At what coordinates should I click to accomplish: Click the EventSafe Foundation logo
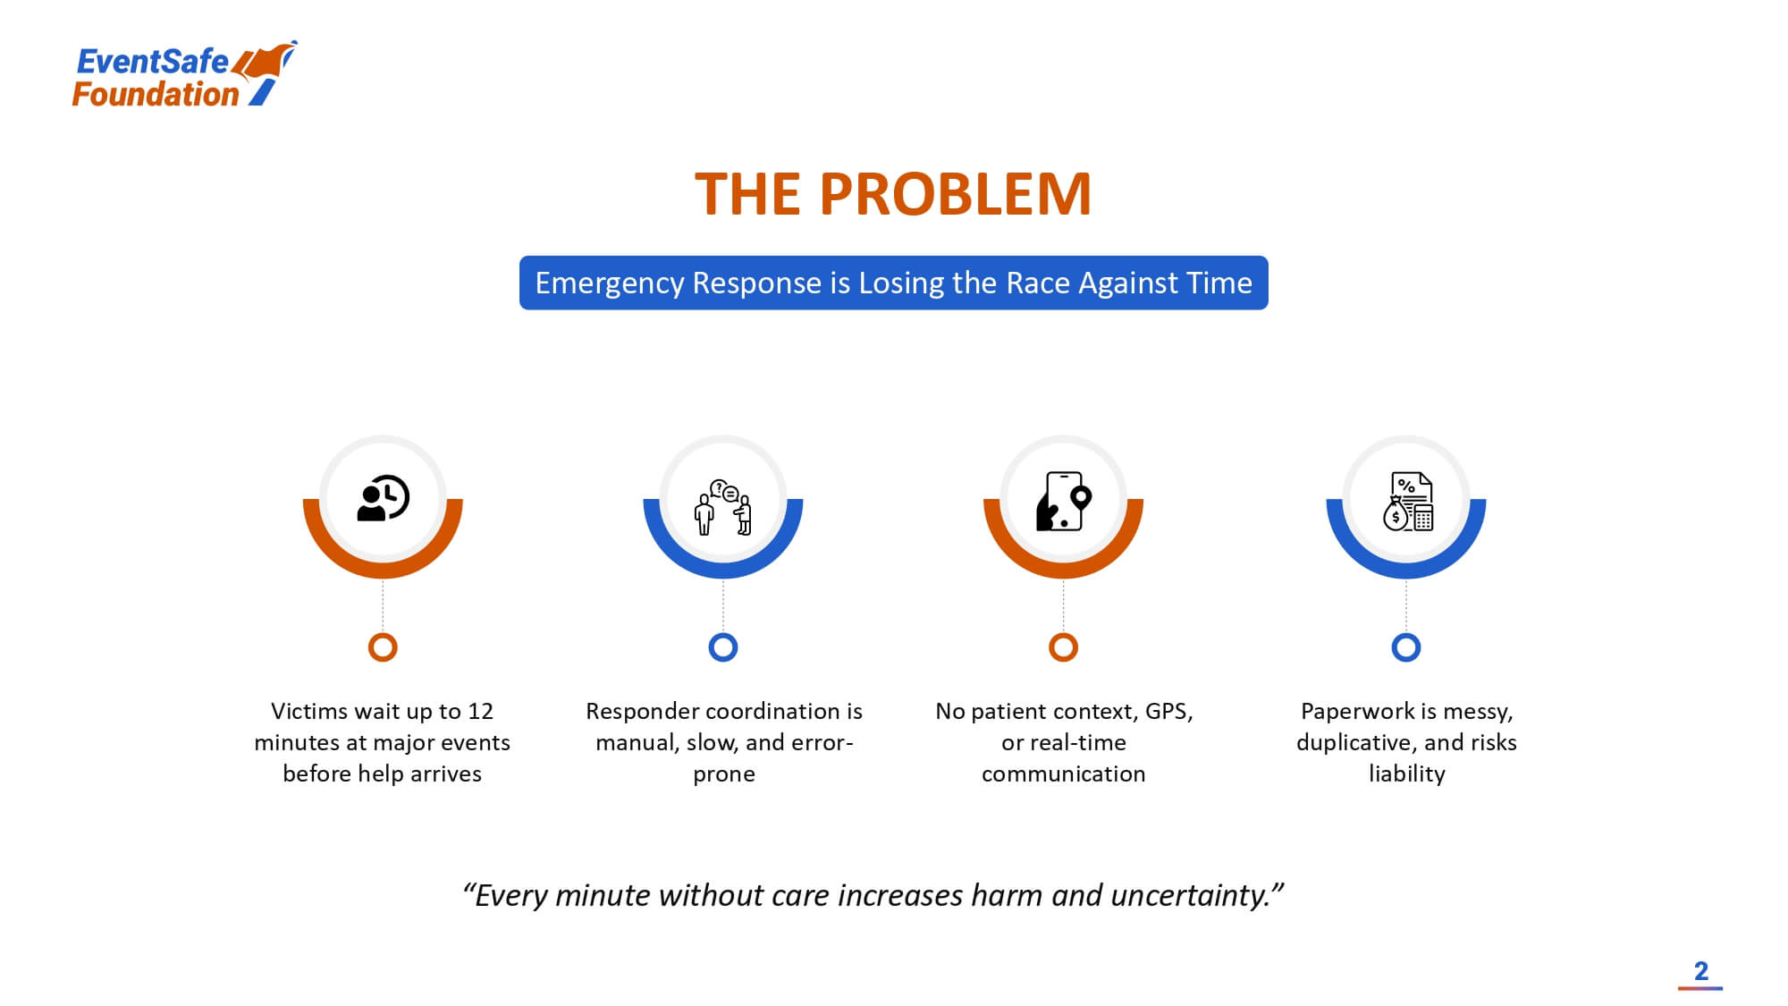[x=184, y=75]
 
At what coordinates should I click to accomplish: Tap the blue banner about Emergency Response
[x=893, y=283]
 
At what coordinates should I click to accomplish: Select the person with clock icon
[x=383, y=498]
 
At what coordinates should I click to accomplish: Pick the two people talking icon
[x=723, y=506]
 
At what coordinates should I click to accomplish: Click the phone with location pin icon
[x=1063, y=501]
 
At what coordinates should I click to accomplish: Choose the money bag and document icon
[x=1407, y=502]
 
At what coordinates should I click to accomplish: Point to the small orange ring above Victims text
[x=383, y=647]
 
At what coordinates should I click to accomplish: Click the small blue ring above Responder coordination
[x=723, y=647]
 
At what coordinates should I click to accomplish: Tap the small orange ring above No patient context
[x=1063, y=647]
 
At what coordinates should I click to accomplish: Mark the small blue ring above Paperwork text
[x=1406, y=647]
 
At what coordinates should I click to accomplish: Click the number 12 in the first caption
[x=480, y=711]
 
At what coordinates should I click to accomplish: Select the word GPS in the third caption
[x=1168, y=712]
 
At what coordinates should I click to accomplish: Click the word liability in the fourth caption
[x=1407, y=774]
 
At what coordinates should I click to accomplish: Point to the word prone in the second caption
[x=724, y=775]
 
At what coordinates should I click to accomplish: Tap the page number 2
[x=1701, y=971]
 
